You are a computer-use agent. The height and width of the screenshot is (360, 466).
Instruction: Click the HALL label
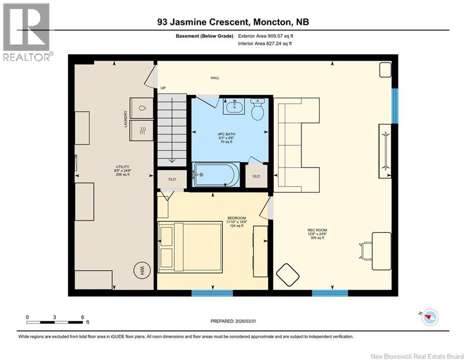215,78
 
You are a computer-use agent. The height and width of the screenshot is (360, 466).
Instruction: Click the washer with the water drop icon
141,108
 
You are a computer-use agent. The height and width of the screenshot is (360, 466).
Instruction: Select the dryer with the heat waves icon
141,130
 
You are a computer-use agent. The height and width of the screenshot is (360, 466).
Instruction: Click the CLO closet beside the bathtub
256,176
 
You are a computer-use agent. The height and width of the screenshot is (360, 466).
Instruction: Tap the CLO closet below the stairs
172,179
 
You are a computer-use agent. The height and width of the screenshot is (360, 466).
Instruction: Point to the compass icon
429,318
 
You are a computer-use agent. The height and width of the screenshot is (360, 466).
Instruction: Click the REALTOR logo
26,32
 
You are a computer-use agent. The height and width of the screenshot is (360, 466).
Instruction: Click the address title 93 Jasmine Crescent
233,22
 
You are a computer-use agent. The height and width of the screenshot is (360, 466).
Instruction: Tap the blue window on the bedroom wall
212,293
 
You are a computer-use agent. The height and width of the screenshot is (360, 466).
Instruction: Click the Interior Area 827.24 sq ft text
265,43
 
